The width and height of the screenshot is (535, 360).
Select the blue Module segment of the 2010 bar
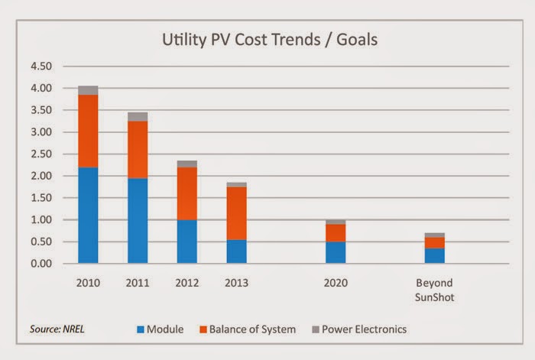(x=88, y=216)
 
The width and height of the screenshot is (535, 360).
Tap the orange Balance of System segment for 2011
(x=138, y=150)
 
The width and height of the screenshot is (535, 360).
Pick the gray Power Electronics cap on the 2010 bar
(x=88, y=90)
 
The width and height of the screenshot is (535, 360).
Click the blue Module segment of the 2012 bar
(x=187, y=242)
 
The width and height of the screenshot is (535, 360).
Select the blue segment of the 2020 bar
(x=336, y=252)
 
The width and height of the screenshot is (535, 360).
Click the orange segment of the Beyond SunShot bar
(x=434, y=243)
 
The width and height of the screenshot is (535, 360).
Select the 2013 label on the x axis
(x=236, y=283)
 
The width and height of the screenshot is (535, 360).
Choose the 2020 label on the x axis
(x=336, y=283)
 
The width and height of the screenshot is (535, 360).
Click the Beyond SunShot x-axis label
(x=434, y=289)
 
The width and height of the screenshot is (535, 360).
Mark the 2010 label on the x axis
(x=88, y=283)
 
